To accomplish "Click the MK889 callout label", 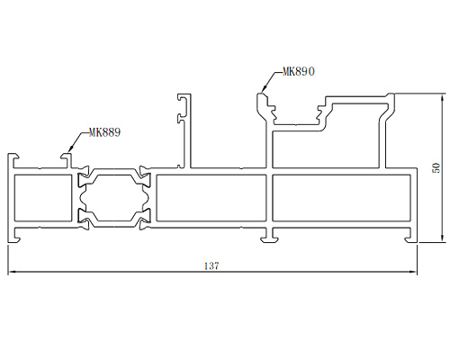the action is pos(104,132).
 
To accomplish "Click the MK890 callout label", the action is pos(299,71).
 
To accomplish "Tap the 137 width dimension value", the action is pos(211,266).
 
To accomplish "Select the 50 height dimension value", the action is pos(436,167).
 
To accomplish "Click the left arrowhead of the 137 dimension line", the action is pos(11,272).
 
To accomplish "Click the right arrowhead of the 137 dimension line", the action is pos(414,272).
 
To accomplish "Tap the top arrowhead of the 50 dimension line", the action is pos(442,98).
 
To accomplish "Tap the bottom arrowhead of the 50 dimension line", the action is pos(442,238).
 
